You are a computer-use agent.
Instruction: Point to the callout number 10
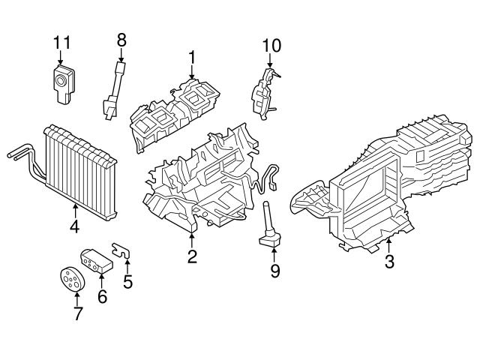(271, 46)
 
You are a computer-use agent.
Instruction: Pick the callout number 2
(192, 257)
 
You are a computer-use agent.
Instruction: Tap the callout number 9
(274, 270)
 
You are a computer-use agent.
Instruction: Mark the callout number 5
(127, 282)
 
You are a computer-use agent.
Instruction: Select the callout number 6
(102, 296)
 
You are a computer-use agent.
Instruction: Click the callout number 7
(78, 313)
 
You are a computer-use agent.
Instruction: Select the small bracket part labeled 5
(122, 250)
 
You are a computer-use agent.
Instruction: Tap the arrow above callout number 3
(389, 245)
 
